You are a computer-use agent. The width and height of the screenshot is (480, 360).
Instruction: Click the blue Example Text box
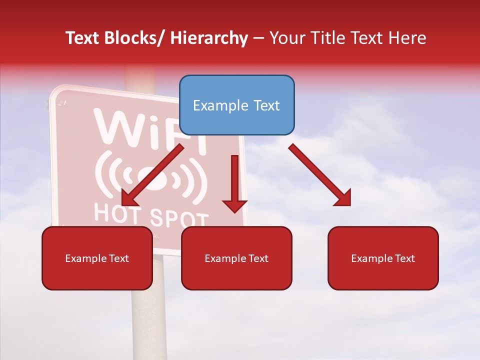click(x=236, y=105)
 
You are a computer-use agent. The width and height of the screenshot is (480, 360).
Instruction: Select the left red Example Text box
click(x=97, y=258)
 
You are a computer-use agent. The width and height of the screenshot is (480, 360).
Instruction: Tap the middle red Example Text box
click(x=236, y=258)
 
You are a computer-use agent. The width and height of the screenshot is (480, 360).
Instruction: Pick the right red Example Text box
click(x=383, y=258)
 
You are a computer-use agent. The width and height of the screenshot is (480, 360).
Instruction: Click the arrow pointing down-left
click(x=152, y=175)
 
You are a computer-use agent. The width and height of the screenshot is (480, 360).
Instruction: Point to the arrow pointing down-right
click(x=320, y=175)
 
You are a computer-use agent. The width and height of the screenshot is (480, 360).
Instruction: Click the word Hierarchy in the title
click(x=208, y=38)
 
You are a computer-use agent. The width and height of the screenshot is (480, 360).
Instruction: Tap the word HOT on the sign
click(x=118, y=212)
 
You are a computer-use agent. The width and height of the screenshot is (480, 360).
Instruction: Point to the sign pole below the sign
click(x=148, y=320)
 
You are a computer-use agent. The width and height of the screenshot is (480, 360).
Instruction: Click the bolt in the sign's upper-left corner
click(x=62, y=103)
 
